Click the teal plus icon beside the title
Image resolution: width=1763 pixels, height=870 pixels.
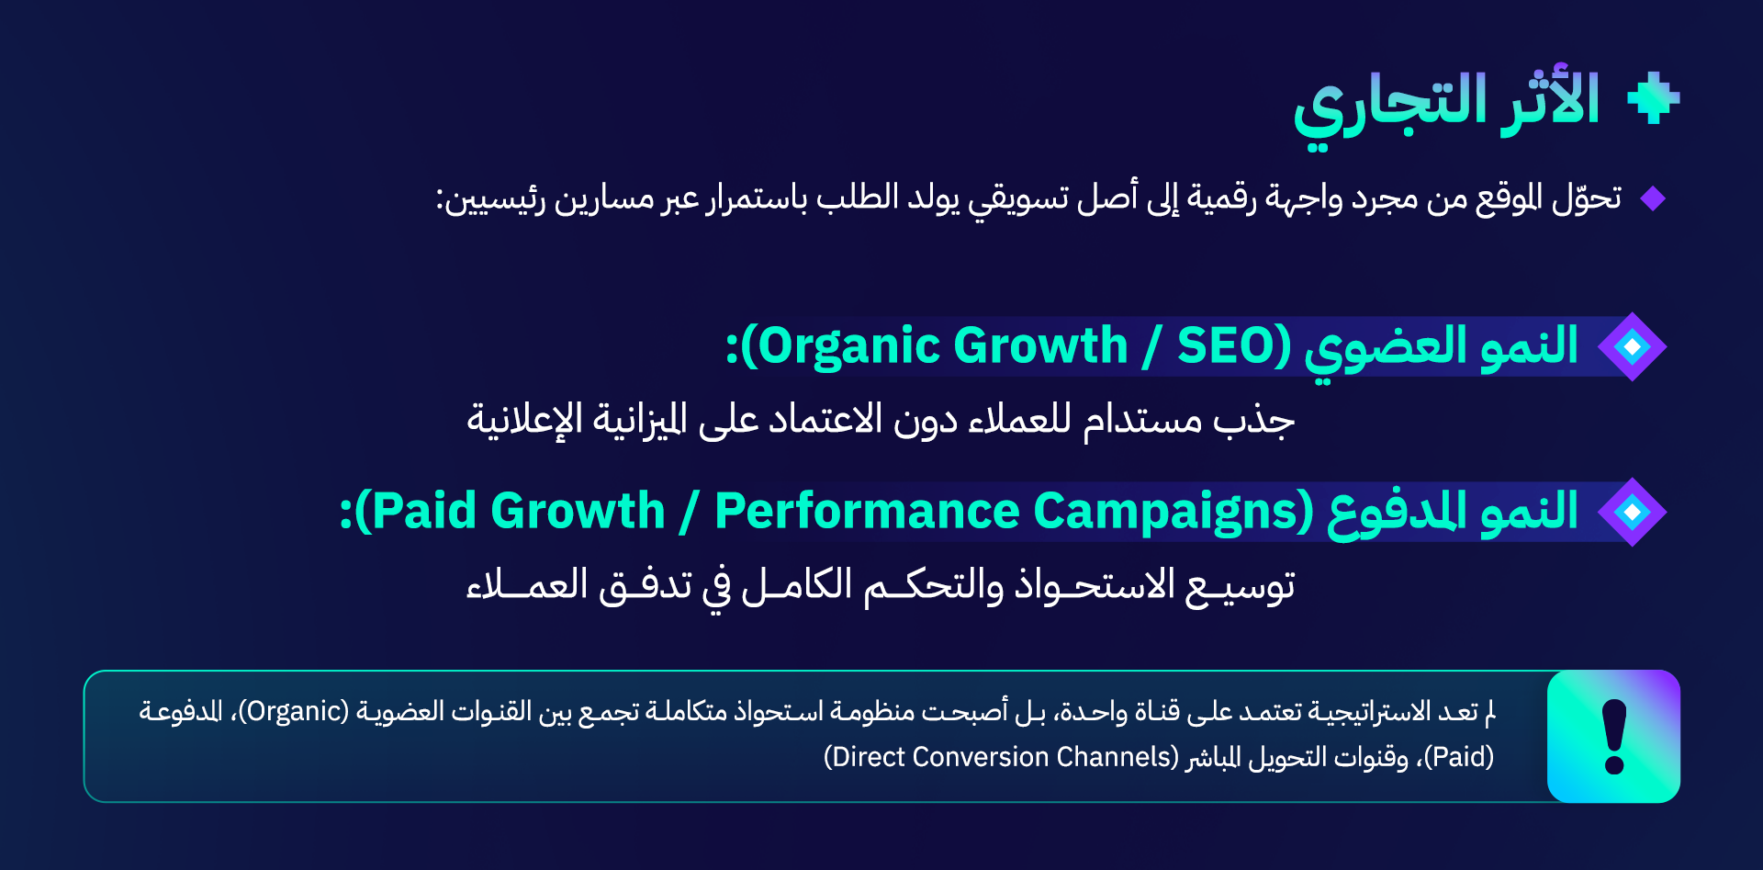pyautogui.click(x=1653, y=97)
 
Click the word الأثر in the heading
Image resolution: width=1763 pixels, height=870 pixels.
pyautogui.click(x=1551, y=99)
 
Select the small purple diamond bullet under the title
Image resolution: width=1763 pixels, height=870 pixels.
pyautogui.click(x=1653, y=198)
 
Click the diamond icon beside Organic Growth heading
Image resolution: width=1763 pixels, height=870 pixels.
pyautogui.click(x=1632, y=346)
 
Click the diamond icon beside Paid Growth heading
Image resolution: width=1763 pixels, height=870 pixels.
pyautogui.click(x=1632, y=512)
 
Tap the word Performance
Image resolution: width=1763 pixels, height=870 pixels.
pyautogui.click(x=867, y=511)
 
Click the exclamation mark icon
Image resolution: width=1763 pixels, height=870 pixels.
pyautogui.click(x=1613, y=737)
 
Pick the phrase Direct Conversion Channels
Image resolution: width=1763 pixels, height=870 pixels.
pyautogui.click(x=1001, y=757)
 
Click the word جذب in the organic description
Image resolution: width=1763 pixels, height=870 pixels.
pyautogui.click(x=1253, y=421)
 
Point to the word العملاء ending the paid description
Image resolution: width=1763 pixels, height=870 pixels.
pyautogui.click(x=526, y=585)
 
